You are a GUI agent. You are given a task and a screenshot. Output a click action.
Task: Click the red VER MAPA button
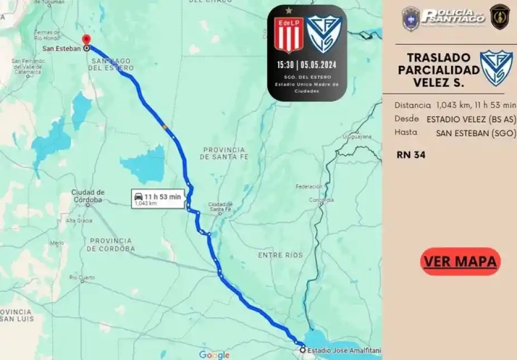[x=461, y=261]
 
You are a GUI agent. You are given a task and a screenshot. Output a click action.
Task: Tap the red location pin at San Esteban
[x=86, y=40]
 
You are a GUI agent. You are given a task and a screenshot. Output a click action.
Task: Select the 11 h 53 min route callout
[x=158, y=199]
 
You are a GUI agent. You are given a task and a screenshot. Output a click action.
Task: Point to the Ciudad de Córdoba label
[x=88, y=196]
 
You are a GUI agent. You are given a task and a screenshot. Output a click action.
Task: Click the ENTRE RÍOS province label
[x=280, y=255]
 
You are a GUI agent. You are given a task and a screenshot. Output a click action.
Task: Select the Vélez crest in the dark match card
[x=323, y=34]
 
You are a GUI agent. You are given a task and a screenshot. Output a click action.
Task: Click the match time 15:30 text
[x=286, y=64]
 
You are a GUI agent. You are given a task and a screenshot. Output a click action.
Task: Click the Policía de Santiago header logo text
[x=453, y=16]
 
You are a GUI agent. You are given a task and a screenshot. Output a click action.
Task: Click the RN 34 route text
[x=411, y=155]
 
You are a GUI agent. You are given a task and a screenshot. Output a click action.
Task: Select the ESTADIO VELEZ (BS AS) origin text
[x=471, y=119]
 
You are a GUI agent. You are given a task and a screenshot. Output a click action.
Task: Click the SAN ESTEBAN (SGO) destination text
[x=476, y=133]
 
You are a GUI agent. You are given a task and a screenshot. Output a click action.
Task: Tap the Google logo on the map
[x=214, y=355]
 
